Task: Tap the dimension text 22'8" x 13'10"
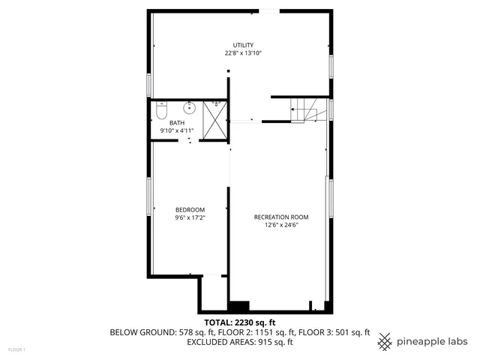coord(242,54)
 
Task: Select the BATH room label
coord(176,123)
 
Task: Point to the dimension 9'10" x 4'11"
coord(177,131)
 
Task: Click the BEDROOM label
coord(190,209)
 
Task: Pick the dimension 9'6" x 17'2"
coord(190,217)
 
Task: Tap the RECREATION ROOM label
coord(281,217)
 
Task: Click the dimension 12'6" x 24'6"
coord(281,225)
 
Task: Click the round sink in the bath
coord(190,107)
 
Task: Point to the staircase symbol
coord(307,110)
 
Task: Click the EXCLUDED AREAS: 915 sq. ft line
coord(239,343)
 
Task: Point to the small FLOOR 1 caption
coord(16,349)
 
